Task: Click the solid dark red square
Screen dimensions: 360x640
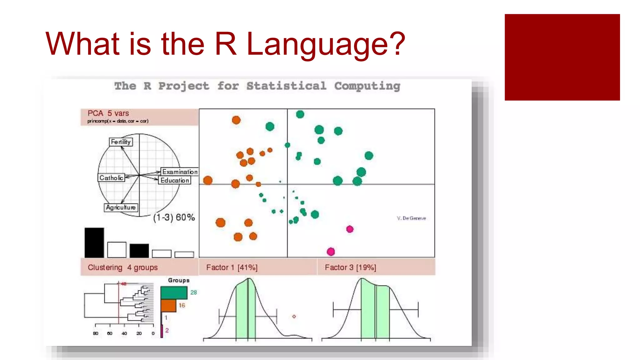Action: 562,57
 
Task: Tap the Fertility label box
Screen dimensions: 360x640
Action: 121,142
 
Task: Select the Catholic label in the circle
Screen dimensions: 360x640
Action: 111,178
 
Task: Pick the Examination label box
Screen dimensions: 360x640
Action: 180,172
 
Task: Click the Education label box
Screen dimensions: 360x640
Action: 175,180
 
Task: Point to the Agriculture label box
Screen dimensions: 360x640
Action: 121,207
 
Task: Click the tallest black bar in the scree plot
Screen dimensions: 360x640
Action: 94,242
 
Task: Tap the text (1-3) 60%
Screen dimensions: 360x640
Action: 174,217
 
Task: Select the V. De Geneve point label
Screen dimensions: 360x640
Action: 411,218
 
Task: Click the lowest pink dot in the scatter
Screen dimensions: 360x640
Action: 331,252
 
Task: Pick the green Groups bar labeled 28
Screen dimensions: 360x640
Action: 174,293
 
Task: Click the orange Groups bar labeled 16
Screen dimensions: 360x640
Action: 169,306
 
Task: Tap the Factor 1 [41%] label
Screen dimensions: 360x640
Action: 232,267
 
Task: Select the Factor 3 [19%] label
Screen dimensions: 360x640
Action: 350,267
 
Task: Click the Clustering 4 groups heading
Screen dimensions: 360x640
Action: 122,267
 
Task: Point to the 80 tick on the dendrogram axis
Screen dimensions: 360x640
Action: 95,333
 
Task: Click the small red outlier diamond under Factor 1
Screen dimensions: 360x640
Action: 294,317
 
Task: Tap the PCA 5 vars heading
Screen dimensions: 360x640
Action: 108,113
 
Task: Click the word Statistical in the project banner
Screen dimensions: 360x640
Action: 286,86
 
